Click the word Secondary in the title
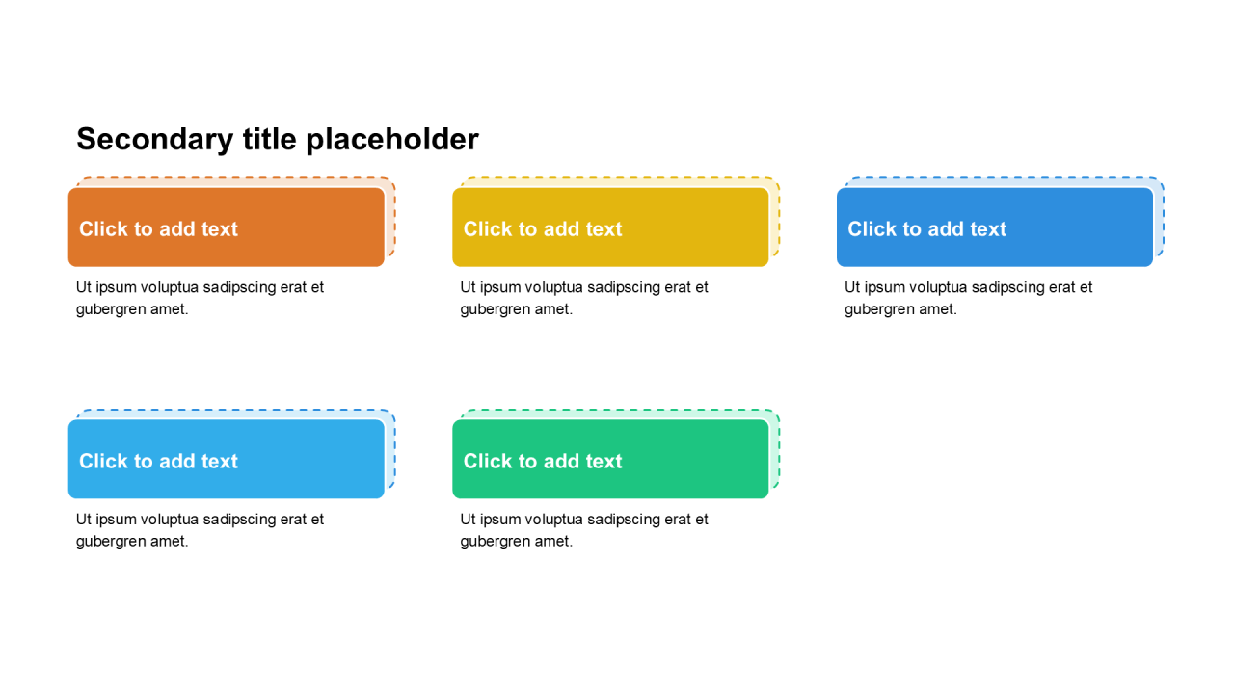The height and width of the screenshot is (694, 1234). [155, 140]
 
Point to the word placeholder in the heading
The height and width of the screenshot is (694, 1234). [392, 140]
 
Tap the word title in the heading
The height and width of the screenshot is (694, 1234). [270, 138]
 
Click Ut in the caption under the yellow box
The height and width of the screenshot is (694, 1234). [468, 287]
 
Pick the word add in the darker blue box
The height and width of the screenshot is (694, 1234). [947, 229]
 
